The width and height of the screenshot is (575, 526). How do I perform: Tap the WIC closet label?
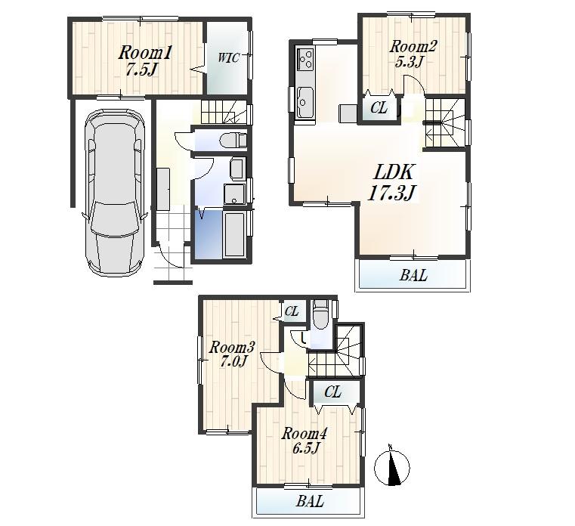click(229, 58)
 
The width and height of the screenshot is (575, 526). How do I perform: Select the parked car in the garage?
click(115, 193)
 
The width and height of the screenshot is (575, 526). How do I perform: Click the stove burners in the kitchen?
click(306, 57)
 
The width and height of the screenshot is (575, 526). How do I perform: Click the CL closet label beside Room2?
click(379, 109)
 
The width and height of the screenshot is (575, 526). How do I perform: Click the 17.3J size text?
click(391, 193)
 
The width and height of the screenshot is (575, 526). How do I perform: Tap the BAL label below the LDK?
click(413, 276)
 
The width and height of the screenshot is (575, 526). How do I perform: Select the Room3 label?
click(232, 348)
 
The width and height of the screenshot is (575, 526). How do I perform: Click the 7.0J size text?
click(233, 362)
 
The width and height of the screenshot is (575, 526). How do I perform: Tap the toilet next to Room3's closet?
click(320, 315)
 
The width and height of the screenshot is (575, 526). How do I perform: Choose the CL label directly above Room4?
click(333, 392)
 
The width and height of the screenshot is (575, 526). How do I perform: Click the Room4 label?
click(305, 434)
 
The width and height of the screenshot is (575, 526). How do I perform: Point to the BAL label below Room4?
click(310, 501)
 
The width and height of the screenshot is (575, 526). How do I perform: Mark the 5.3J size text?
click(408, 62)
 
